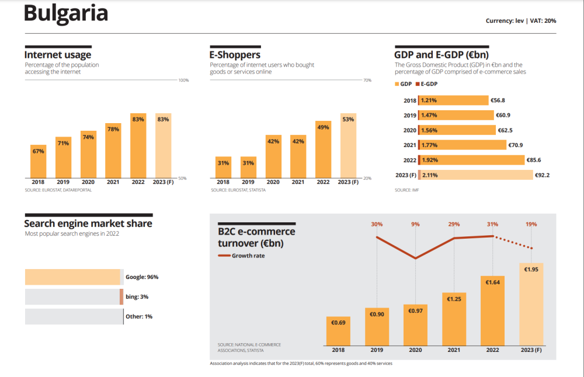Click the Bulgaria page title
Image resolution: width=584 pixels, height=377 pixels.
click(66, 14)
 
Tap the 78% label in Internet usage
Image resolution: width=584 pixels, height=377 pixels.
click(113, 129)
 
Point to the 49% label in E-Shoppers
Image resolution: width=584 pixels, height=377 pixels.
click(323, 127)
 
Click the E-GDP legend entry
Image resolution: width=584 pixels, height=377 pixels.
click(427, 84)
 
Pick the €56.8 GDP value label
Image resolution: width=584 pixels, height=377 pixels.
click(498, 100)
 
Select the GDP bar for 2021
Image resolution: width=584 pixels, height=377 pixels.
click(461, 145)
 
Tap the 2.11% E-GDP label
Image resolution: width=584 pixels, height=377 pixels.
click(429, 174)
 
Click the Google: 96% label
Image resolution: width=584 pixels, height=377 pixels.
click(142, 277)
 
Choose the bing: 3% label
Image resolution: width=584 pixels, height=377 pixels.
click(137, 297)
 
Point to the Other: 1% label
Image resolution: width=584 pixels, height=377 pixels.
click(139, 316)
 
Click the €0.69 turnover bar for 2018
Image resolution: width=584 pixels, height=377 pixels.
click(338, 330)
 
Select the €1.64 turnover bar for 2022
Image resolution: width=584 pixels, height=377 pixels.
click(492, 309)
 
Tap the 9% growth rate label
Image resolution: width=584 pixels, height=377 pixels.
click(415, 224)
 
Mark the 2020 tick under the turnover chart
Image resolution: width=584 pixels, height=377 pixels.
click(415, 350)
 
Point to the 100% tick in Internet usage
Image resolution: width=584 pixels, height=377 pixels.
click(183, 80)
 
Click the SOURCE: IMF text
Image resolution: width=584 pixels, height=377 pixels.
click(403, 190)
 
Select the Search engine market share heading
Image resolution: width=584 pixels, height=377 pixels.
click(88, 224)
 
